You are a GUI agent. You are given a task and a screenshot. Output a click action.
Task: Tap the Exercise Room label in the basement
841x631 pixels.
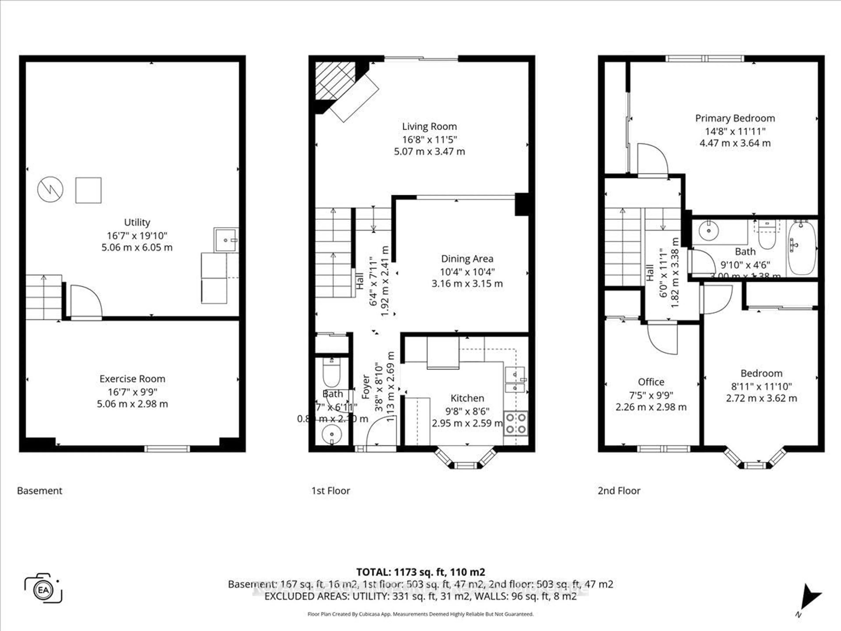click(x=132, y=379)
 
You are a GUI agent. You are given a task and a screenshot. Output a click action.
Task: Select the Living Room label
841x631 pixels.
click(x=429, y=127)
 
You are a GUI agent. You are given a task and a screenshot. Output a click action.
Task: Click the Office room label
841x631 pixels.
click(x=651, y=382)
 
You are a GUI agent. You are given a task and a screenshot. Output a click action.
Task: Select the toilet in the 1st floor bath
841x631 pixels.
click(x=332, y=373)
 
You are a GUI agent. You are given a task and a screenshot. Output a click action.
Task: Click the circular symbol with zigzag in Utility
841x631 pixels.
click(x=50, y=190)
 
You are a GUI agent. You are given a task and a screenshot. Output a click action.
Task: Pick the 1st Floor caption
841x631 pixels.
click(x=330, y=491)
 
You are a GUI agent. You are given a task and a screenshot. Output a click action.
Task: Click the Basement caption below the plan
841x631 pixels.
click(x=40, y=491)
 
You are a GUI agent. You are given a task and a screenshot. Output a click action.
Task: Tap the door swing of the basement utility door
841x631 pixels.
click(x=86, y=300)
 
